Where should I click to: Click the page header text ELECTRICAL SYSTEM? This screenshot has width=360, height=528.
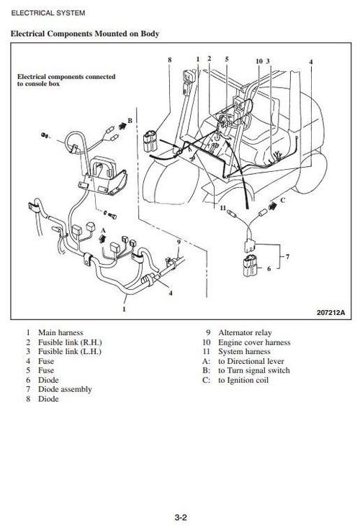click(x=47, y=13)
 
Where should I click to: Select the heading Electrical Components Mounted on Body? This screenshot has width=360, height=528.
click(x=85, y=34)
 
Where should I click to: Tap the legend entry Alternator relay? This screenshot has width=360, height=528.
click(x=245, y=333)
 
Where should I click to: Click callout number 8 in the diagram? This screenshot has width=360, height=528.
click(x=169, y=60)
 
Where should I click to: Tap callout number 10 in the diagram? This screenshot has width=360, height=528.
click(x=258, y=61)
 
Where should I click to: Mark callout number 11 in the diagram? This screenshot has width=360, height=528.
click(x=222, y=207)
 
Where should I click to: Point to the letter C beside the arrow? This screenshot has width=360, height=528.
click(x=282, y=200)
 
